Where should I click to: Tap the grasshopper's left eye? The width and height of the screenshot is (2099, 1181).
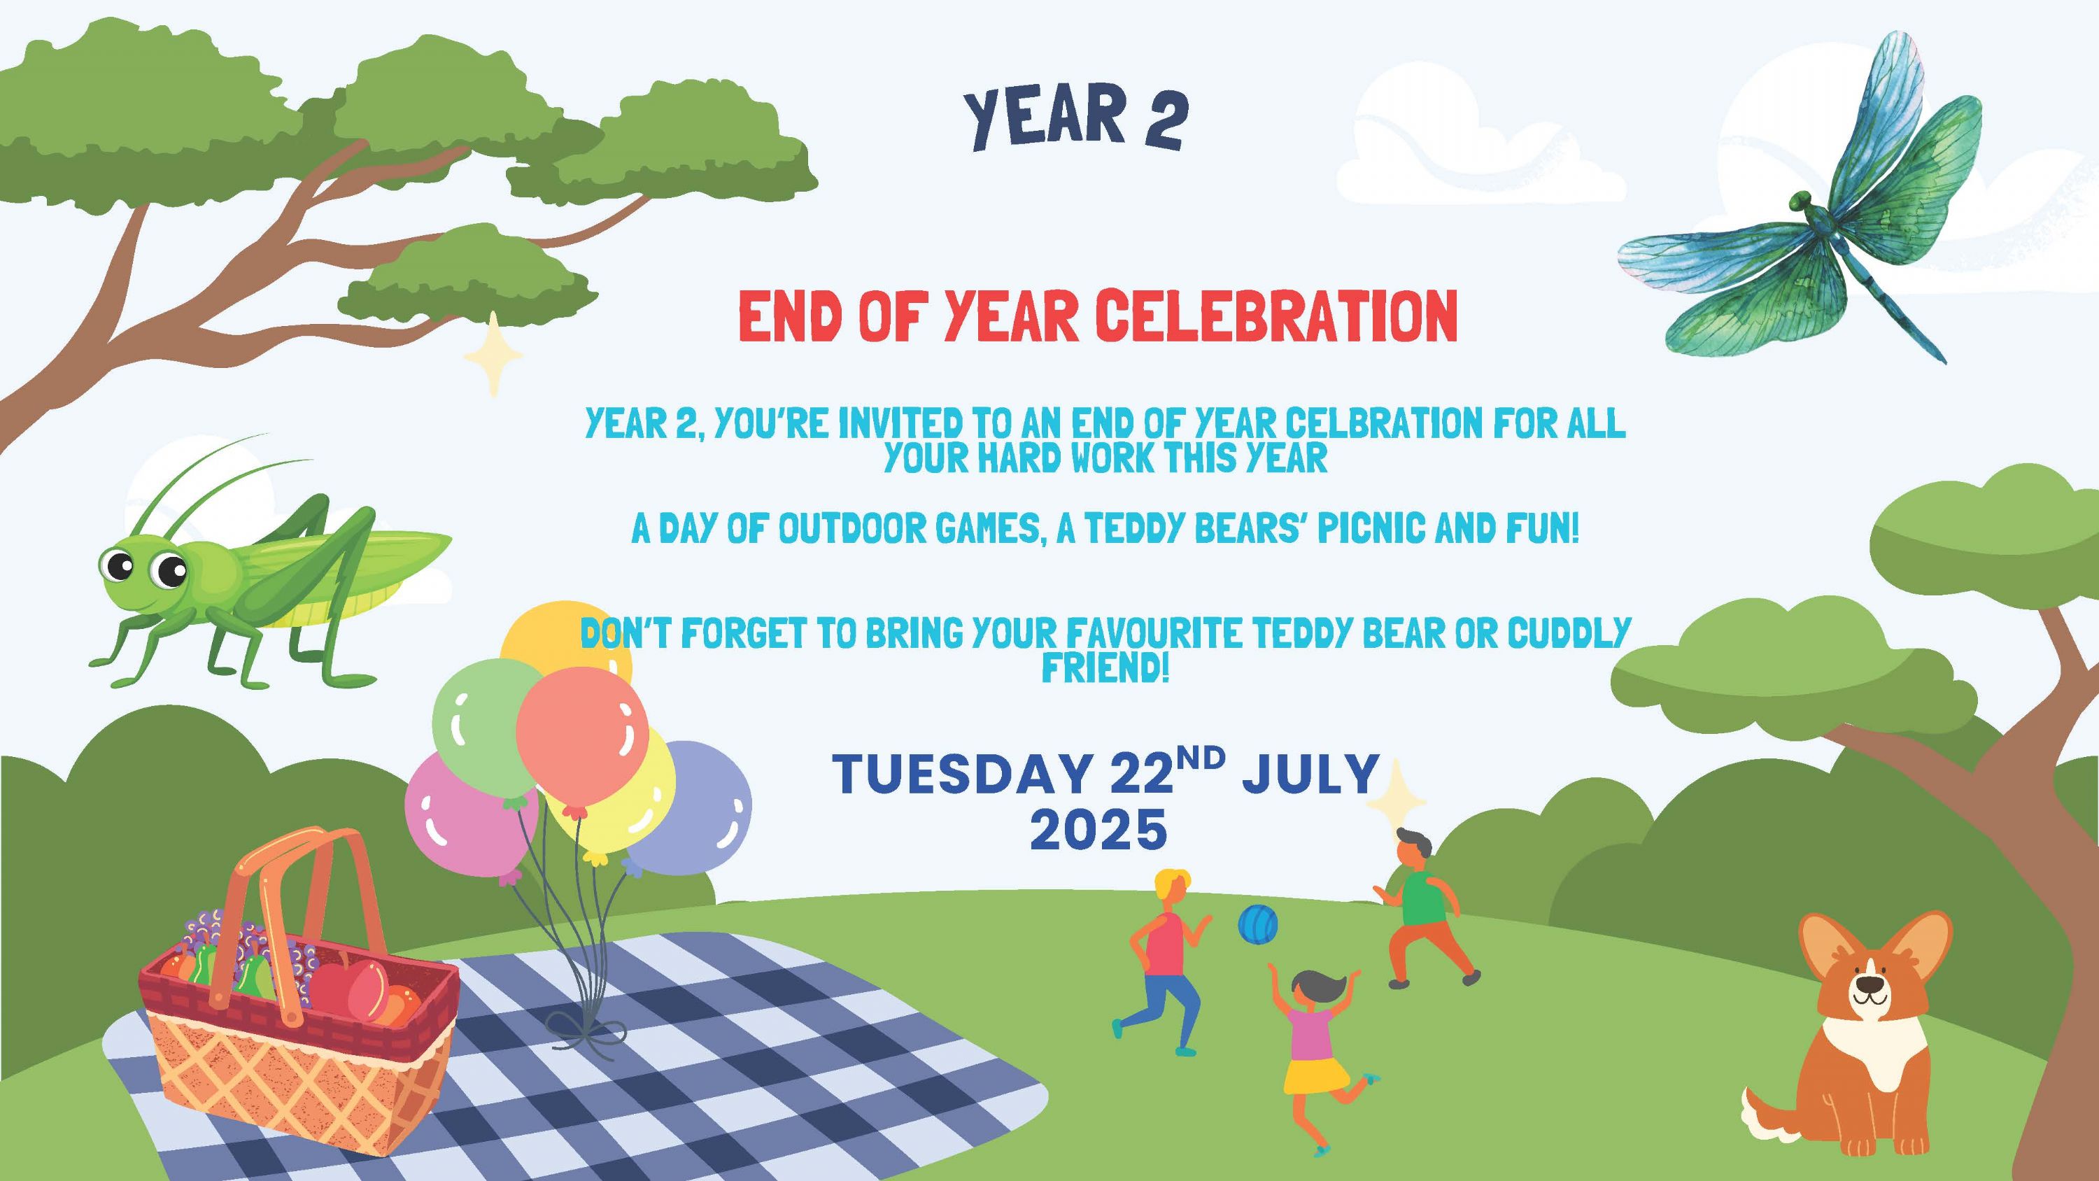120,564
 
